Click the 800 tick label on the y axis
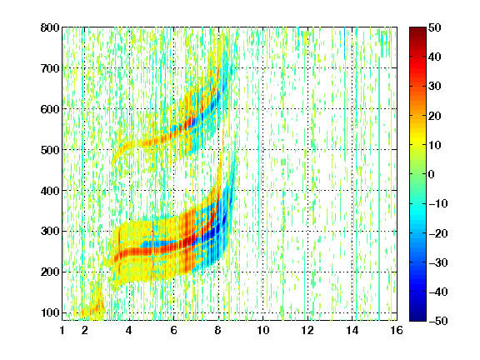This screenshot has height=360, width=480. tap(50, 27)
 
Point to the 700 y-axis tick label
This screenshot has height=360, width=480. tap(50, 68)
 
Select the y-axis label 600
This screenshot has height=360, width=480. tap(50, 109)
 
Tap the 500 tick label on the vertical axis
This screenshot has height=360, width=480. tap(50, 150)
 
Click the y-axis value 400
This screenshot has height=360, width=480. tap(50, 191)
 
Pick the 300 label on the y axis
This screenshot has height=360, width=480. tap(50, 232)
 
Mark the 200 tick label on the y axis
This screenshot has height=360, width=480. tap(50, 272)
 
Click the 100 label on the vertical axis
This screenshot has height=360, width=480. tap(50, 312)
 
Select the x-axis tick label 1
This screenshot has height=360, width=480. tap(62, 330)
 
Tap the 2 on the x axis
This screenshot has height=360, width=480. tap(85, 330)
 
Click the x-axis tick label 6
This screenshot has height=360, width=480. tap(173, 330)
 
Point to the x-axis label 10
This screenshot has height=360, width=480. tap(263, 330)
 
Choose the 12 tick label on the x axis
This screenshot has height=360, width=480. tap(307, 330)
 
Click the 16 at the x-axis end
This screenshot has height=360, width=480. tap(397, 330)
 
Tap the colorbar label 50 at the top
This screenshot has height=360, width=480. tap(434, 27)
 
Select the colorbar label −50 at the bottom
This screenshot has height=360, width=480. tap(438, 321)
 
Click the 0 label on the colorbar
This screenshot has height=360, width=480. tap(431, 174)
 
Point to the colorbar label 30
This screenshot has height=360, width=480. tap(434, 87)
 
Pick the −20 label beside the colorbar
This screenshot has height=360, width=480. tap(438, 233)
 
